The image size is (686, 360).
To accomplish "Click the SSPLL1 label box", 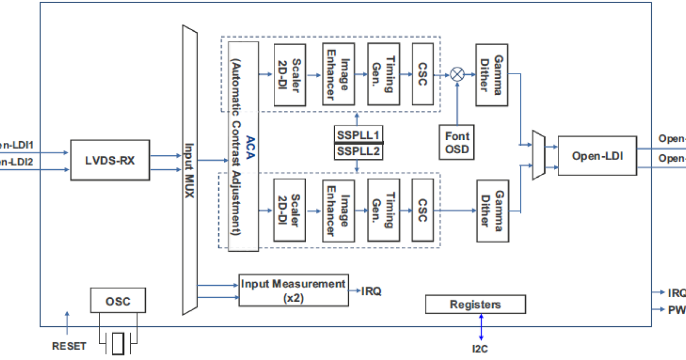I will coord(358,135).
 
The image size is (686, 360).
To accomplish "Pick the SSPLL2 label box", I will coord(358,151).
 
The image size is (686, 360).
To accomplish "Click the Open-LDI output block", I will coord(597,155).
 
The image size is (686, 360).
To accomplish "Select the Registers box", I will coord(475,305).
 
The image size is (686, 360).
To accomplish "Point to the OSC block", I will coord(118,301).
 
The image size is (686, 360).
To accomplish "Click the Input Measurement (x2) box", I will coord(293,290).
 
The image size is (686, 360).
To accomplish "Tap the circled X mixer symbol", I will coord(457,74).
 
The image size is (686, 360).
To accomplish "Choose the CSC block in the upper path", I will coord(422,74).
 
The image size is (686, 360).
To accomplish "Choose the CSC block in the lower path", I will coord(422,210).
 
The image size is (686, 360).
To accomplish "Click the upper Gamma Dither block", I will coord(492,74).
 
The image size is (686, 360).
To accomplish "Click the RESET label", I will coord(69,346).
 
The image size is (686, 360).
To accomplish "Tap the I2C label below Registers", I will coord(480,348).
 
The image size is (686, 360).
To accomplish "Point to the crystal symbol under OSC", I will coord(118,343).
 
